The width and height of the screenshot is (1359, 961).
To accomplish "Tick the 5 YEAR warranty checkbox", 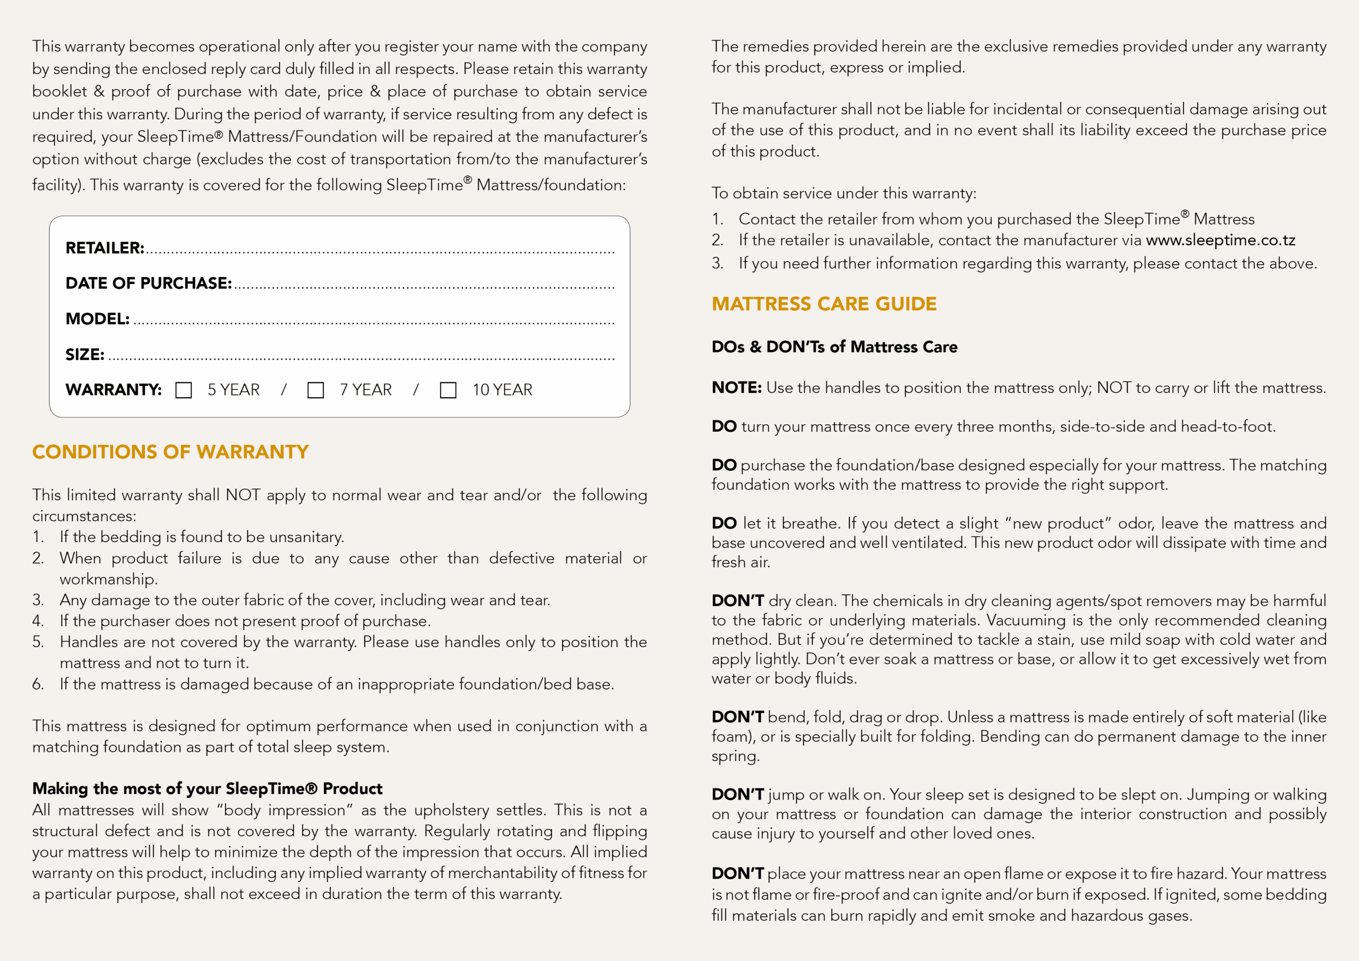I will pyautogui.click(x=184, y=390).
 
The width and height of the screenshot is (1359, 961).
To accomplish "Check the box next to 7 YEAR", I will pyautogui.click(x=315, y=390).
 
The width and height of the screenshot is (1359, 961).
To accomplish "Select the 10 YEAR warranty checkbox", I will pyautogui.click(x=448, y=390).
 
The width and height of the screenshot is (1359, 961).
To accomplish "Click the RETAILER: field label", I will pyautogui.click(x=105, y=248).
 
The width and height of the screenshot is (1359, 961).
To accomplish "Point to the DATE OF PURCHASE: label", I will pyautogui.click(x=149, y=284).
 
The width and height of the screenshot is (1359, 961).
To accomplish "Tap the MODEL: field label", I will pyautogui.click(x=97, y=319).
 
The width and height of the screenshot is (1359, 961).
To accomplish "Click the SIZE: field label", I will pyautogui.click(x=84, y=355).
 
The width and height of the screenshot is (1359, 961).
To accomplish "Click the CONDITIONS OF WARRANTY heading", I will pyautogui.click(x=170, y=452).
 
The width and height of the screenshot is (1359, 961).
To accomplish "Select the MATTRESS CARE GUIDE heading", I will pyautogui.click(x=824, y=304).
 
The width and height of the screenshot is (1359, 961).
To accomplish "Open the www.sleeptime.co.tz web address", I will pyautogui.click(x=1220, y=241).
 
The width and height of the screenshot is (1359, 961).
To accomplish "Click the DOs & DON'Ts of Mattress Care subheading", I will pyautogui.click(x=834, y=347).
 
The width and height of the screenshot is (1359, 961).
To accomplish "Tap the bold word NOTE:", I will pyautogui.click(x=736, y=388).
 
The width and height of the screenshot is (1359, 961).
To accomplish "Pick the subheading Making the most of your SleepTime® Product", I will pyautogui.click(x=207, y=788).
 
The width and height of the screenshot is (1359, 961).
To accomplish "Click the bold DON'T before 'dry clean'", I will pyautogui.click(x=737, y=601).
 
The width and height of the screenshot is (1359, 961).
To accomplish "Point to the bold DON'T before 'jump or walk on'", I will pyautogui.click(x=737, y=795).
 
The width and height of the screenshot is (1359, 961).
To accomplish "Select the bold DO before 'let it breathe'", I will pyautogui.click(x=724, y=524).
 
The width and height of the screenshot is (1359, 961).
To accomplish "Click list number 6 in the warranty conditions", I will pyautogui.click(x=38, y=684).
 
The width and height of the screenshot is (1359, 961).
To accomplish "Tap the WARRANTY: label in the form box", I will pyautogui.click(x=113, y=390).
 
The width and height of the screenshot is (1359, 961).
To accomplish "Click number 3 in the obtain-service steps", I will pyautogui.click(x=717, y=263).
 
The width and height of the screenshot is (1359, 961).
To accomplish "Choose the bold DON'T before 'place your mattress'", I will pyautogui.click(x=737, y=874).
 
